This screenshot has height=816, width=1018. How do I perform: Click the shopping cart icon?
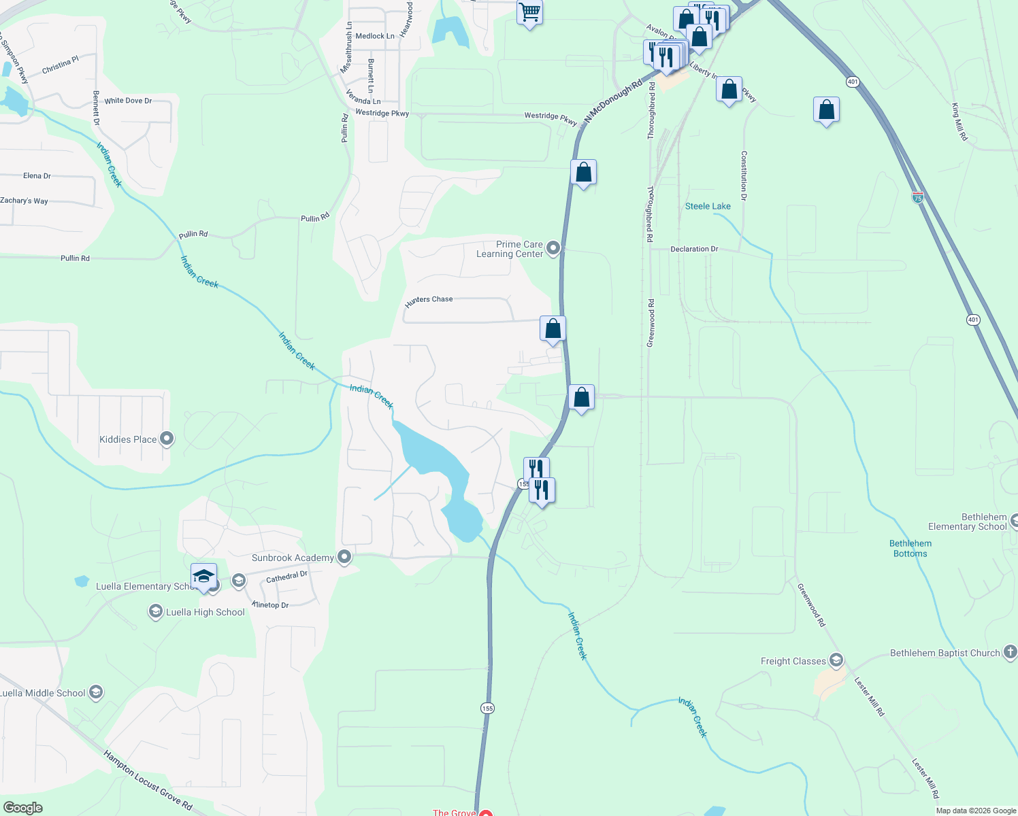[529, 12]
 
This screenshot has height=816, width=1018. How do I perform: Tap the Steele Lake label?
[708, 206]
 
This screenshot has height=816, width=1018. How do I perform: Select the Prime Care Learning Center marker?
[553, 249]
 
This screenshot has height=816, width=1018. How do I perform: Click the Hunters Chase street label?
[429, 300]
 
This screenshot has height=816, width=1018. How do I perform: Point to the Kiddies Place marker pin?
[167, 439]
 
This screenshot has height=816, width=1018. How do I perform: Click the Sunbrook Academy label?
[293, 558]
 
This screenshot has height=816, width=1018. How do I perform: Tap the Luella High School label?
[206, 612]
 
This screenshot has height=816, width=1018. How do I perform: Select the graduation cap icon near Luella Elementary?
[203, 577]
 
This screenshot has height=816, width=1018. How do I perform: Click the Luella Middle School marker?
[96, 693]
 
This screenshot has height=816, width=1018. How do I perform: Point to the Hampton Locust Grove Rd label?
[148, 781]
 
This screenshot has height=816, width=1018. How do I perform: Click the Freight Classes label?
[793, 661]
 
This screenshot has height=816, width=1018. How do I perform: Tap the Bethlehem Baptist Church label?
[945, 653]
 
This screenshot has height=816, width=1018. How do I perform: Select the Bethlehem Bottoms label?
[910, 549]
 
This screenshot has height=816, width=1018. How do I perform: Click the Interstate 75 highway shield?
[918, 197]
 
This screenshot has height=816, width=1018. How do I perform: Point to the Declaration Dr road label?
[694, 249]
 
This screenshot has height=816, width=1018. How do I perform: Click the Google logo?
[22, 807]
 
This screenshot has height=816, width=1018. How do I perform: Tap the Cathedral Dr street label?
[286, 577]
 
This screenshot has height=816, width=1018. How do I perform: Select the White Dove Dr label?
[128, 101]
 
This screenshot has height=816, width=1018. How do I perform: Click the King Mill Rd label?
[959, 122]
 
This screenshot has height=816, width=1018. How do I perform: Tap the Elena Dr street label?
[37, 175]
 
